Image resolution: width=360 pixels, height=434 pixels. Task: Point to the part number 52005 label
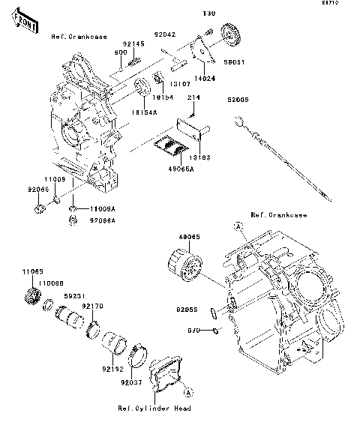click(239, 98)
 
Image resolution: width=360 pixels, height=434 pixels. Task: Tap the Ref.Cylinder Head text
click(154, 409)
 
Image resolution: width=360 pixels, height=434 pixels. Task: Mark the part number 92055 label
click(187, 309)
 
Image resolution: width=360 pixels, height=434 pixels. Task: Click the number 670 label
click(193, 330)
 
